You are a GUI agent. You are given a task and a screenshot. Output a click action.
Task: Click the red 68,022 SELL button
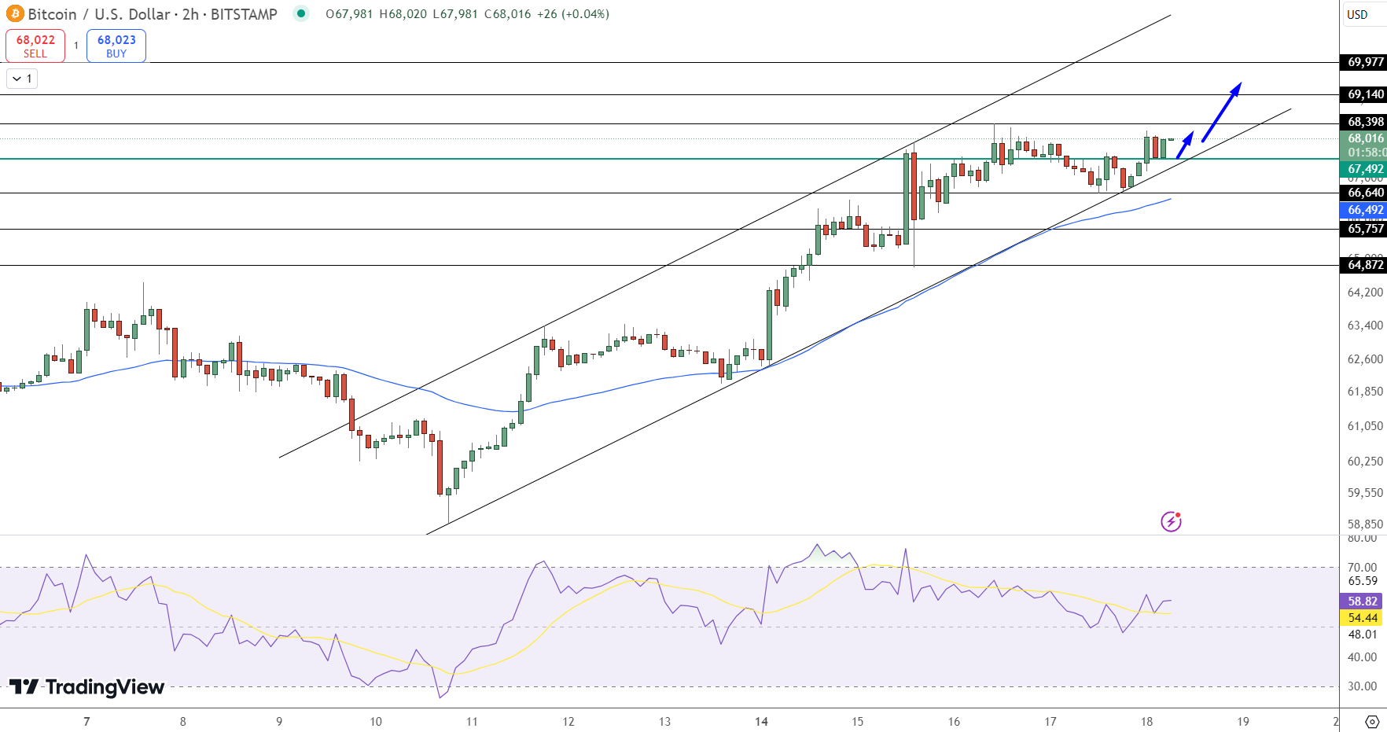(x=35, y=46)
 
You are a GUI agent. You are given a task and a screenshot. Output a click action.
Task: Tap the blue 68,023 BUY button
(x=116, y=46)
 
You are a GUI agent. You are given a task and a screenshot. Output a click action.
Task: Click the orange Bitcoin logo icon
(x=15, y=14)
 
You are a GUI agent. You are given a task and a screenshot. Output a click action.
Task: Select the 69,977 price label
(x=1365, y=62)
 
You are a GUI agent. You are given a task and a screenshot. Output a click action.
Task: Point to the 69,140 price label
(x=1365, y=94)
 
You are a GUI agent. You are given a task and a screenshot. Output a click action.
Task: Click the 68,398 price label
(x=1365, y=122)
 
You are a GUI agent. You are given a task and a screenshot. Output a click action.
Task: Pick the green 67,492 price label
(x=1365, y=169)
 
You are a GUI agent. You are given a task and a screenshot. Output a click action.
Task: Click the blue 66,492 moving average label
(x=1365, y=210)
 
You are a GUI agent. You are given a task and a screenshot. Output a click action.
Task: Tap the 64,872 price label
(x=1365, y=265)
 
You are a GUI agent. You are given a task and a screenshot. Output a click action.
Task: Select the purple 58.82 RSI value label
(x=1362, y=601)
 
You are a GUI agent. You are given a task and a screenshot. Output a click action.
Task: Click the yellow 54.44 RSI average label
(x=1362, y=618)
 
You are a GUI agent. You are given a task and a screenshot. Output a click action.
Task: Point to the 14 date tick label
(x=761, y=721)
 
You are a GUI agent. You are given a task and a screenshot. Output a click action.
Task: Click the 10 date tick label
(x=376, y=721)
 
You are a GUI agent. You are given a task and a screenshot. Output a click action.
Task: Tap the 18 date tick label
(x=1146, y=721)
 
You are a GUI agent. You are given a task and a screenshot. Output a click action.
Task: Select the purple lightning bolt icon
(x=1171, y=521)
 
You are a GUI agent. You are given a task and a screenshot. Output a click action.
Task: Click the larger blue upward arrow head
(x=1235, y=88)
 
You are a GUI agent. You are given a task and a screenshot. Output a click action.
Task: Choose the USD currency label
(x=1357, y=14)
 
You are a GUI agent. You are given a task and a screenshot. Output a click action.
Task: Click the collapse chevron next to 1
(x=17, y=79)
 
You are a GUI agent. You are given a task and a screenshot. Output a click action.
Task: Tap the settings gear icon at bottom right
(x=1372, y=721)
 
